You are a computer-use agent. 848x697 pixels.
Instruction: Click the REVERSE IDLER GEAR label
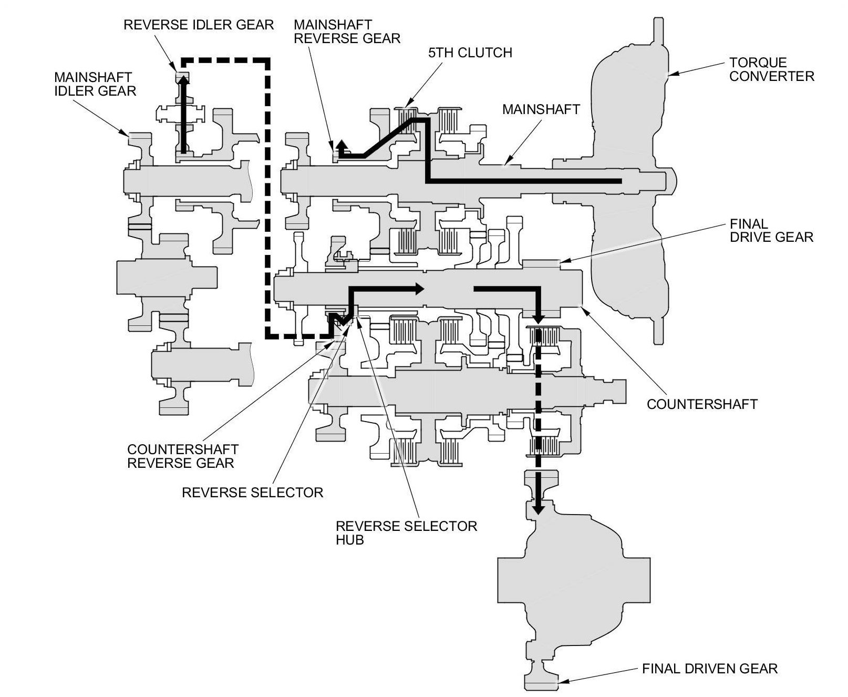pyautogui.click(x=199, y=25)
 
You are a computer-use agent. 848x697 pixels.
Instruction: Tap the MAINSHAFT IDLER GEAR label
pyautogui.click(x=95, y=84)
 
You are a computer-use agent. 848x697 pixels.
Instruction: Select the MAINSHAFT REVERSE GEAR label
pyautogui.click(x=347, y=32)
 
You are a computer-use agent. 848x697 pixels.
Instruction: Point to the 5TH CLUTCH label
pyautogui.click(x=470, y=53)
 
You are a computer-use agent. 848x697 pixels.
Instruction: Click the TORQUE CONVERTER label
pyautogui.click(x=771, y=69)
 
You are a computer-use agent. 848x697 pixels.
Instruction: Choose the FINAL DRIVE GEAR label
pyautogui.click(x=771, y=230)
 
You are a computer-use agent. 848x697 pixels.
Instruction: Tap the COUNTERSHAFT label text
pyautogui.click(x=702, y=404)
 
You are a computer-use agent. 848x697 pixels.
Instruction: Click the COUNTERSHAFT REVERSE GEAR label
pyautogui.click(x=182, y=456)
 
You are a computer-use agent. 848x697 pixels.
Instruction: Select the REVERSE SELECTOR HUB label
pyautogui.click(x=406, y=532)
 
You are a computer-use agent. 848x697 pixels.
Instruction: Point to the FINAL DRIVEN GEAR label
pyautogui.click(x=709, y=668)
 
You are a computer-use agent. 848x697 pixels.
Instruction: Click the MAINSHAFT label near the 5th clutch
pyautogui.click(x=541, y=109)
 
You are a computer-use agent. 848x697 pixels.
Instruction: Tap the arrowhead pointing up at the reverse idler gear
pyautogui.click(x=183, y=79)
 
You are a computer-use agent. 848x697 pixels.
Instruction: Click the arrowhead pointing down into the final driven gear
pyautogui.click(x=537, y=509)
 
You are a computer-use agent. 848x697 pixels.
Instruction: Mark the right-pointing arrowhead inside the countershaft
pyautogui.click(x=419, y=288)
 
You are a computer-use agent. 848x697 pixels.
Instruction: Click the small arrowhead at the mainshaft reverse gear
pyautogui.click(x=342, y=145)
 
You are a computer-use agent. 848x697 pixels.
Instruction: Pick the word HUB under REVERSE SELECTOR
pyautogui.click(x=350, y=540)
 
